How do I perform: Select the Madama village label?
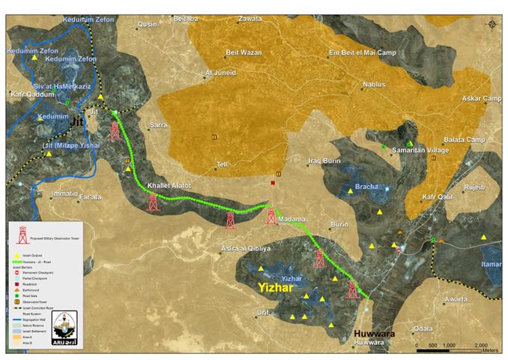click(291, 219)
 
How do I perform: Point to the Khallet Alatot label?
click(169, 185)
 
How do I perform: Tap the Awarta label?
click(457, 299)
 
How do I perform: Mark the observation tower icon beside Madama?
click(271, 217)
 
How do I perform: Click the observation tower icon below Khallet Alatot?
click(154, 202)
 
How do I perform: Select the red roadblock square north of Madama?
click(273, 183)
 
